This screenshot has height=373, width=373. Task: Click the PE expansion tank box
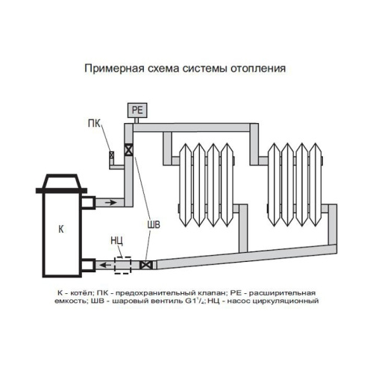137,110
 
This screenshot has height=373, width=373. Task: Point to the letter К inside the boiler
60,229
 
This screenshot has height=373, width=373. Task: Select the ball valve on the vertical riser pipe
130,149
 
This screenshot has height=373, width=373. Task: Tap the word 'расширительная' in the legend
289,292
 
